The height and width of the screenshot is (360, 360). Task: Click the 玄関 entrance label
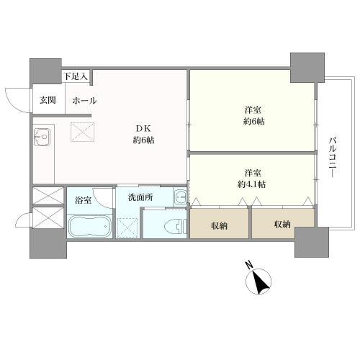click(x=48, y=101)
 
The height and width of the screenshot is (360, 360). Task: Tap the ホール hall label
click(x=85, y=101)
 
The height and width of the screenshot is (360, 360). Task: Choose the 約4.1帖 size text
click(x=251, y=184)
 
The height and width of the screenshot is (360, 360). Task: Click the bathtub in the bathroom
click(x=90, y=226)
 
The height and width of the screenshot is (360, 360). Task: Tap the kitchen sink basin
click(x=41, y=135)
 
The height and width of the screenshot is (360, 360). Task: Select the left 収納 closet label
click(x=220, y=225)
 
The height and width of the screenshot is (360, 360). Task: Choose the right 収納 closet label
click(x=282, y=225)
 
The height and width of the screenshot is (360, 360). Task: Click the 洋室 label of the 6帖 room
click(x=251, y=109)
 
